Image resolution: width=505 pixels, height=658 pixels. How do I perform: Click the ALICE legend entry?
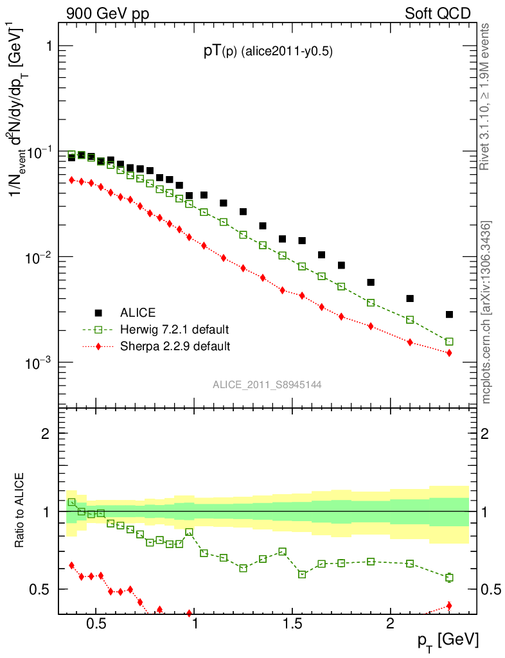(x=137, y=313)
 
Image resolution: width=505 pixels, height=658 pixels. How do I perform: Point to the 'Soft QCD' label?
(x=438, y=13)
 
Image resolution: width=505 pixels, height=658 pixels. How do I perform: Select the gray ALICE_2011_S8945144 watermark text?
(x=267, y=384)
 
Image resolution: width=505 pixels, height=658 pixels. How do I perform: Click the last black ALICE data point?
(x=449, y=314)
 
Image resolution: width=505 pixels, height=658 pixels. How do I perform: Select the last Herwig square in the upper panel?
(x=449, y=341)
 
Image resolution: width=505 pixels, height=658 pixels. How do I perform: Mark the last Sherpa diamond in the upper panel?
(x=449, y=353)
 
